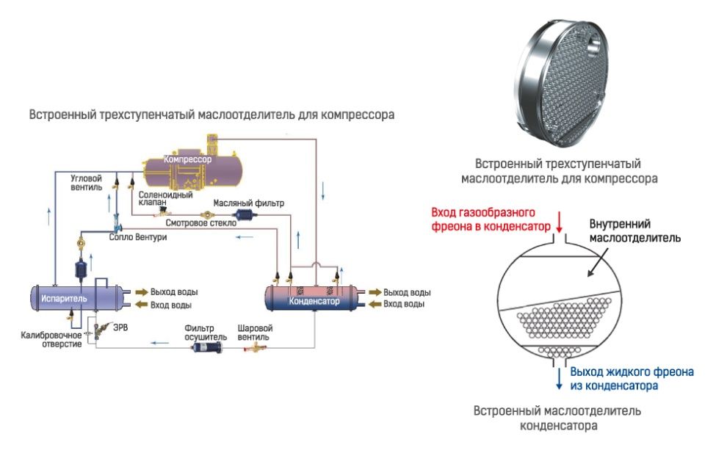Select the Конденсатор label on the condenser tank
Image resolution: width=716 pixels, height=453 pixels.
tap(314, 301)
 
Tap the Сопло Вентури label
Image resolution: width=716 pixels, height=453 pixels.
tap(137, 238)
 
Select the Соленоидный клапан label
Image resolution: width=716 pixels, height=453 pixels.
tap(156, 199)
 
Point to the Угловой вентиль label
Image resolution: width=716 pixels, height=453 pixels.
tap(87, 182)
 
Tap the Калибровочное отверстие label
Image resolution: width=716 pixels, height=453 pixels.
tap(51, 340)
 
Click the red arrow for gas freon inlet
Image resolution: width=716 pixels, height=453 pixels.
tap(560, 220)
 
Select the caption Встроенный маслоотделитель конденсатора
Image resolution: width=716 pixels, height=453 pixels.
tap(557, 417)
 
